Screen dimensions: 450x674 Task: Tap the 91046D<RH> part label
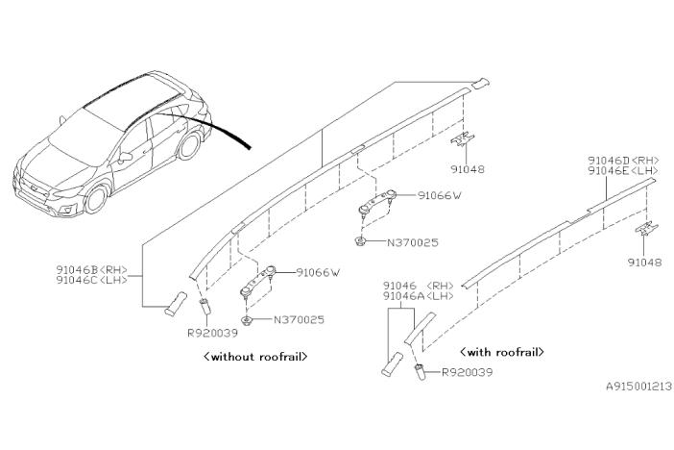point(623,161)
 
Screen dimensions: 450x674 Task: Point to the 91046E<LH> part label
point(623,171)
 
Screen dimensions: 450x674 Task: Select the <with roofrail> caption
point(502,352)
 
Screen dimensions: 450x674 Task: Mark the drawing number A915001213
point(638,386)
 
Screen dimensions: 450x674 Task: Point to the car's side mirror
point(125,156)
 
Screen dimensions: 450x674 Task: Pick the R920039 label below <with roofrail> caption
point(466,372)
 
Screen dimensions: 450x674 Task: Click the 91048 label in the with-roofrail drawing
point(642,261)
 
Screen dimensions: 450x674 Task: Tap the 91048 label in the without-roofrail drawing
point(466,169)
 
